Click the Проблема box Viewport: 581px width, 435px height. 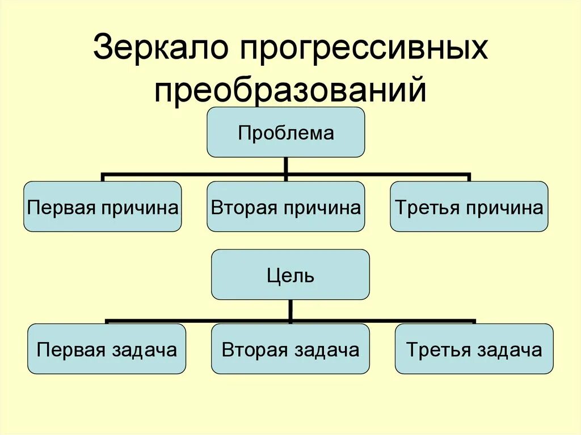285,132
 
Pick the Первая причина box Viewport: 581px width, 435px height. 103,206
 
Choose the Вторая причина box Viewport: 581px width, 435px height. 285,206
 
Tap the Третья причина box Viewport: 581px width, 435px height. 469,206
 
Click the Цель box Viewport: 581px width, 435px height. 290,275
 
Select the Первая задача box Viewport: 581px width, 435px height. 107,349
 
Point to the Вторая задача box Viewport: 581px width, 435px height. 290,349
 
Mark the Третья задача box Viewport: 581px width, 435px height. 474,349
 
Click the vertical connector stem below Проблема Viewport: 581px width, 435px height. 285,166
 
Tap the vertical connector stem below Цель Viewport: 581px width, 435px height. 290,310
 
